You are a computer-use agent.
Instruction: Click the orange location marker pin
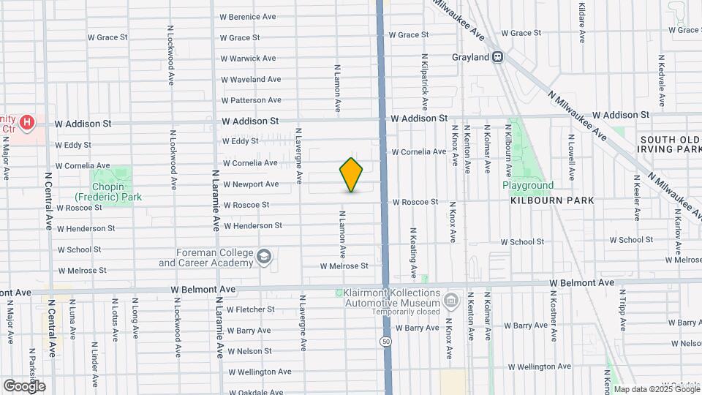click(351, 175)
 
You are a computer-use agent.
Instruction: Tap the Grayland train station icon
click(497, 57)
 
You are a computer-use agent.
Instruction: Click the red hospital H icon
click(27, 122)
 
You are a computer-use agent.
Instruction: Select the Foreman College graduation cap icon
click(263, 257)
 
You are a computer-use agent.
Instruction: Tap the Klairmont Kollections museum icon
click(450, 300)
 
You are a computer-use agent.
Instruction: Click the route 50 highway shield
click(385, 342)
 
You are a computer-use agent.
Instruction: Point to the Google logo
click(24, 385)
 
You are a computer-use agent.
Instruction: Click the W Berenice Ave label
click(248, 17)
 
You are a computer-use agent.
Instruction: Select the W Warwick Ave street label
click(248, 59)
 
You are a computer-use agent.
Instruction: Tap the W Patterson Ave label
click(251, 100)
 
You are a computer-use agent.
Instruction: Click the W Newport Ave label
click(251, 184)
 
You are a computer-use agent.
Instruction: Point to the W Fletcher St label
click(250, 309)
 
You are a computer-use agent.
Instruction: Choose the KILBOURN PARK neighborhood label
click(562, 200)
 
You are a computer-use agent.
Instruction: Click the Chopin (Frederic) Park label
click(108, 191)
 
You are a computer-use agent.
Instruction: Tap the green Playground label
click(527, 186)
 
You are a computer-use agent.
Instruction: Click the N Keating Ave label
click(414, 252)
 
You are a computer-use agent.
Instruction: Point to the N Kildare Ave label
click(582, 22)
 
